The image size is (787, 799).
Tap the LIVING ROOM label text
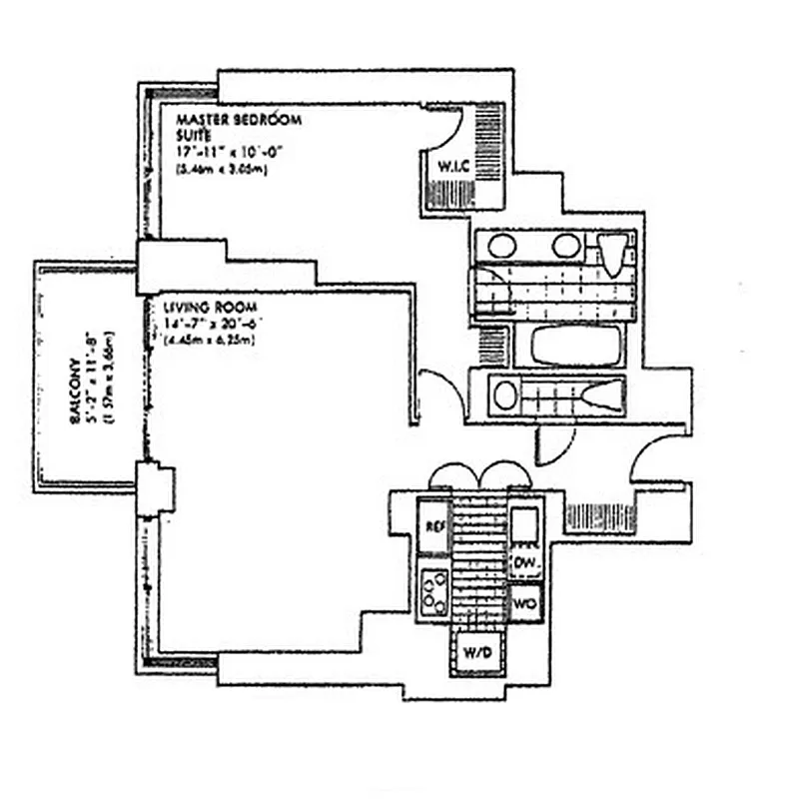click(198, 307)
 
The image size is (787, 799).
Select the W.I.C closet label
click(443, 166)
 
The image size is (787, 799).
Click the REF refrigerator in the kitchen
click(434, 525)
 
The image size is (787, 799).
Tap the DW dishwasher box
click(525, 565)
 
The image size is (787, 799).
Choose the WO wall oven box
click(525, 603)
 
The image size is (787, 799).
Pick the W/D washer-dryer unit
click(480, 652)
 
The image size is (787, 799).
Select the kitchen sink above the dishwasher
click(525, 523)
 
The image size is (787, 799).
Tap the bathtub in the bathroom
click(575, 346)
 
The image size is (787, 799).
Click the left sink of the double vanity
click(502, 246)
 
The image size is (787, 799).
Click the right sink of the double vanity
click(566, 246)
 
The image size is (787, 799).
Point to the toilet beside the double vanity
click(615, 254)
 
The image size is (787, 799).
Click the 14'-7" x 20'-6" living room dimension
click(208, 324)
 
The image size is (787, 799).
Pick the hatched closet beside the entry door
click(586, 516)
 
